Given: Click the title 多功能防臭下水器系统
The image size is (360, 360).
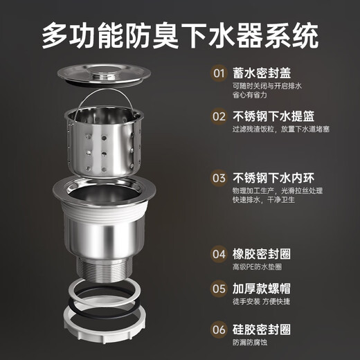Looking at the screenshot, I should coord(180,34).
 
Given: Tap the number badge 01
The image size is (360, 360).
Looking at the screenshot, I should coord(219,72).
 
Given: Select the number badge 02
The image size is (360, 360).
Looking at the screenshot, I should coord(219,116).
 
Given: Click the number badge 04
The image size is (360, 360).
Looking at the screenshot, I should coord(219,253).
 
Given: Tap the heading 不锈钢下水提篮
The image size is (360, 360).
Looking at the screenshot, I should coord(273,116).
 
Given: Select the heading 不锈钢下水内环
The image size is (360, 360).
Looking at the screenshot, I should coord(273,176).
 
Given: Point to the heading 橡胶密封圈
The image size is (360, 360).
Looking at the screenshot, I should coord(260,253).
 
